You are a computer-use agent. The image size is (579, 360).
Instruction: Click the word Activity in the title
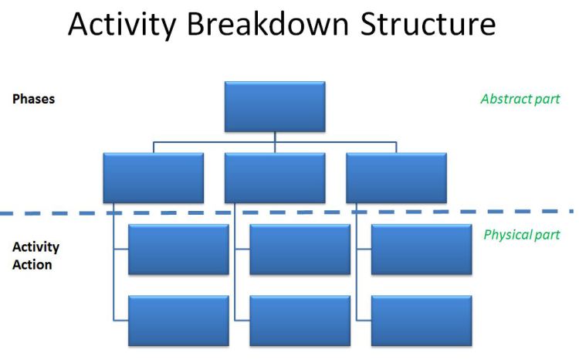pyautogui.click(x=122, y=25)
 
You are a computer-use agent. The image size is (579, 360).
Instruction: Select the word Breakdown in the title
pyautogui.click(x=268, y=24)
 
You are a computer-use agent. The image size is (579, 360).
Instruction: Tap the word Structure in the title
pyautogui.click(x=428, y=24)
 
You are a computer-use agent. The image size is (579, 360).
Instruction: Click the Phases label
pyautogui.click(x=34, y=99)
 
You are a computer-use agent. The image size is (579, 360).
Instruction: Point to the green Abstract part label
pyautogui.click(x=520, y=99)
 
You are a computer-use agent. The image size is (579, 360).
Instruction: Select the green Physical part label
pyautogui.click(x=522, y=235)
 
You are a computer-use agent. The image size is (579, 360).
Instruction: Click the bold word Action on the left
pyautogui.click(x=32, y=265)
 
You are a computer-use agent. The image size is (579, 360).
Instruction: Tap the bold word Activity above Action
pyautogui.click(x=36, y=247)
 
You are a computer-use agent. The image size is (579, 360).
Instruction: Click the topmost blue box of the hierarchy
pyautogui.click(x=275, y=107)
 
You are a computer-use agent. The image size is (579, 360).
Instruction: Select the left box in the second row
pyautogui.click(x=154, y=178)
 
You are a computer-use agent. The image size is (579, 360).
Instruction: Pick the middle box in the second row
pyautogui.click(x=275, y=178)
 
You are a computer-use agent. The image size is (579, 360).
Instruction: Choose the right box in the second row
pyautogui.click(x=397, y=178)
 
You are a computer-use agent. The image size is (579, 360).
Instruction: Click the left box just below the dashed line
pyautogui.click(x=179, y=250)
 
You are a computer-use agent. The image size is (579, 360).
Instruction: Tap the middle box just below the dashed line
pyautogui.click(x=300, y=250)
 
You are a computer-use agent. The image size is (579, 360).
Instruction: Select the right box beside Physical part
pyautogui.click(x=422, y=250)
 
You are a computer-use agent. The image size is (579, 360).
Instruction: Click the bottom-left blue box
pyautogui.click(x=179, y=321)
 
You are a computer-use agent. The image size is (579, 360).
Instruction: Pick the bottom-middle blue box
pyautogui.click(x=300, y=321)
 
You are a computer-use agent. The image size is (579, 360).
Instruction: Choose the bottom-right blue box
pyautogui.click(x=422, y=321)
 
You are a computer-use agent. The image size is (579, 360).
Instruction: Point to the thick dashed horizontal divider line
pyautogui.click(x=286, y=212)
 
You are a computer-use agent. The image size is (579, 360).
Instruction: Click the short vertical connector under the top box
pyautogui.click(x=275, y=138)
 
